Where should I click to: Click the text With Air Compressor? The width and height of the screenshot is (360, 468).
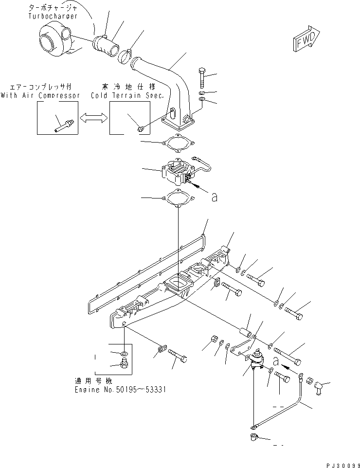point(40,95)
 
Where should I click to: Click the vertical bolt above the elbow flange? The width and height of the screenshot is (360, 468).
point(202,78)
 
